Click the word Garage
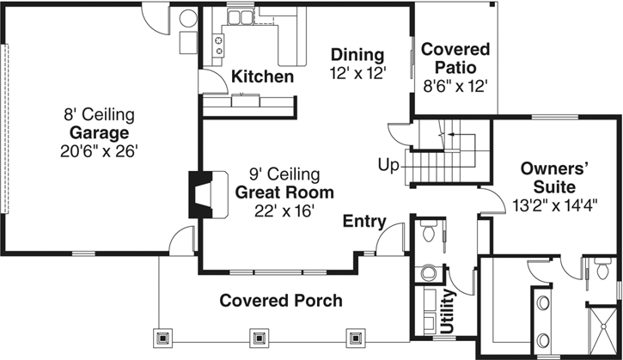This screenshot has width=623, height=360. [99, 133]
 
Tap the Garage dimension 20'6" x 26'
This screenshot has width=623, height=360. [99, 151]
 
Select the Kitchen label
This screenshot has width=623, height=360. [263, 77]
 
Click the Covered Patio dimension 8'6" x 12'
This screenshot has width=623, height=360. [455, 86]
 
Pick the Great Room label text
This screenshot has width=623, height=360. [284, 192]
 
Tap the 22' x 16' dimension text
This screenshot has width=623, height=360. [284, 210]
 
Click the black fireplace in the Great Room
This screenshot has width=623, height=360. [199, 195]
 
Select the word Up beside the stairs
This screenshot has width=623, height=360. [388, 164]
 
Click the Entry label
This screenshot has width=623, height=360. [363, 223]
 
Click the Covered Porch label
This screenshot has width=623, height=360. [280, 301]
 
